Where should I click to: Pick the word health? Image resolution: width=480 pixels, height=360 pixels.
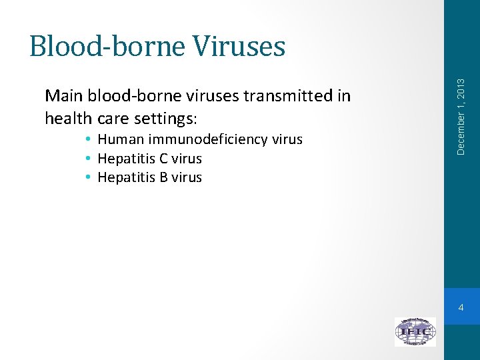point(68,119)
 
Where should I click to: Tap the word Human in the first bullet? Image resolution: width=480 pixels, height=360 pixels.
point(121,139)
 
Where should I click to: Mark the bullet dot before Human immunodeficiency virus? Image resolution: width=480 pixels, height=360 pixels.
point(88,140)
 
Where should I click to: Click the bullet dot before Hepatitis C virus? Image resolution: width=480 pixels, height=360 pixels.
point(88,159)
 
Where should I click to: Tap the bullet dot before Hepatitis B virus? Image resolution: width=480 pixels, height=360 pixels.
point(88,177)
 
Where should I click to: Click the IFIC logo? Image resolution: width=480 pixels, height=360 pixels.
point(415,331)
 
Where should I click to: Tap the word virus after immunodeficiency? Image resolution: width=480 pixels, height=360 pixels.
point(287,139)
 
